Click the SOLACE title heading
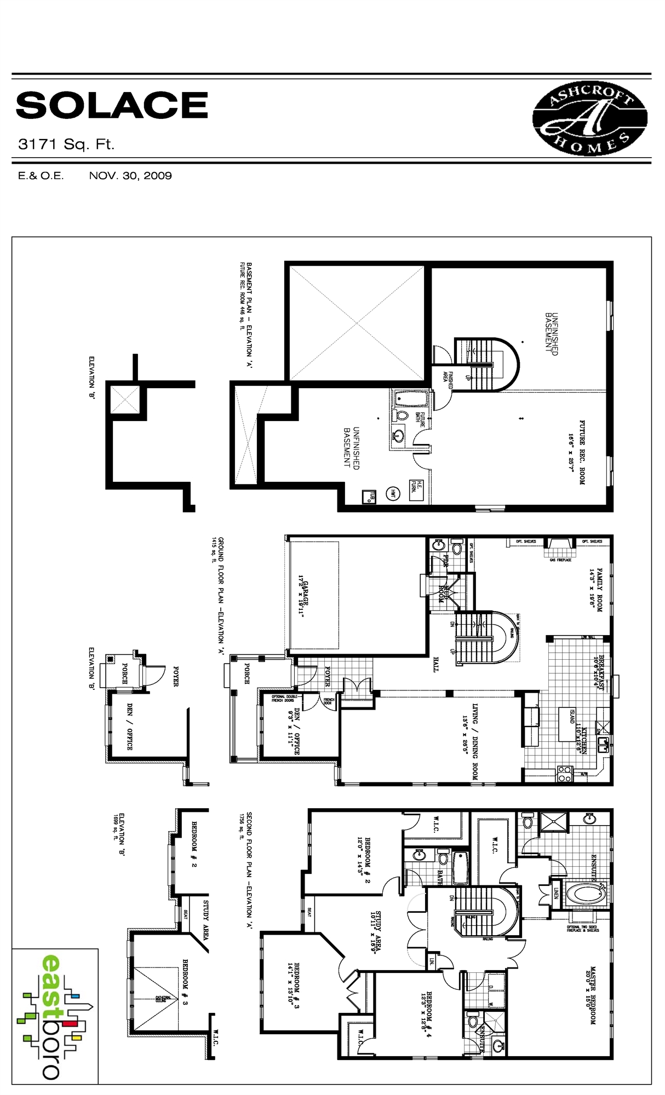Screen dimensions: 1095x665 pyautogui.click(x=112, y=105)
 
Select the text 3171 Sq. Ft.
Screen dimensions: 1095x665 pyautogui.click(x=66, y=145)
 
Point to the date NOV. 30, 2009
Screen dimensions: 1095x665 pyautogui.click(x=130, y=176)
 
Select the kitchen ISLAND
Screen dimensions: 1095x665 pyautogui.click(x=566, y=723)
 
